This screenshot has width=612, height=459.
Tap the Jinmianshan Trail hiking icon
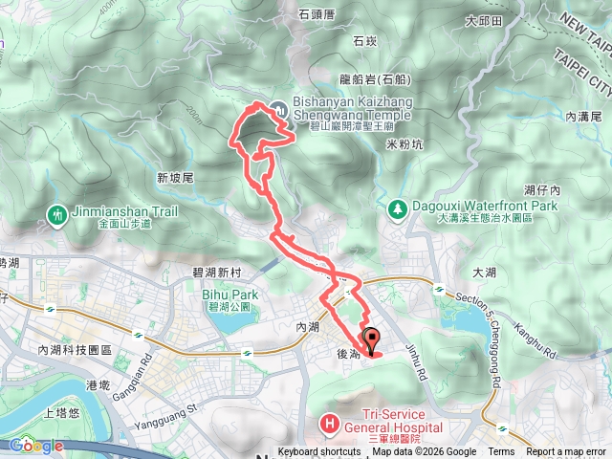coord(59,215)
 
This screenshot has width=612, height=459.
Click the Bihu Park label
coord(226,295)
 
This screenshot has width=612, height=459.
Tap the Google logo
coord(36,446)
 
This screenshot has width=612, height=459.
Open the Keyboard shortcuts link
coord(319,452)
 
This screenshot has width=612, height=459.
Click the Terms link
coord(501,452)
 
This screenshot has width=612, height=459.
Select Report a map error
coord(565,452)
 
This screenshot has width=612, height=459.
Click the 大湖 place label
coord(485,273)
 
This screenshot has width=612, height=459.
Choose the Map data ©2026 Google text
coord(424,452)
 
